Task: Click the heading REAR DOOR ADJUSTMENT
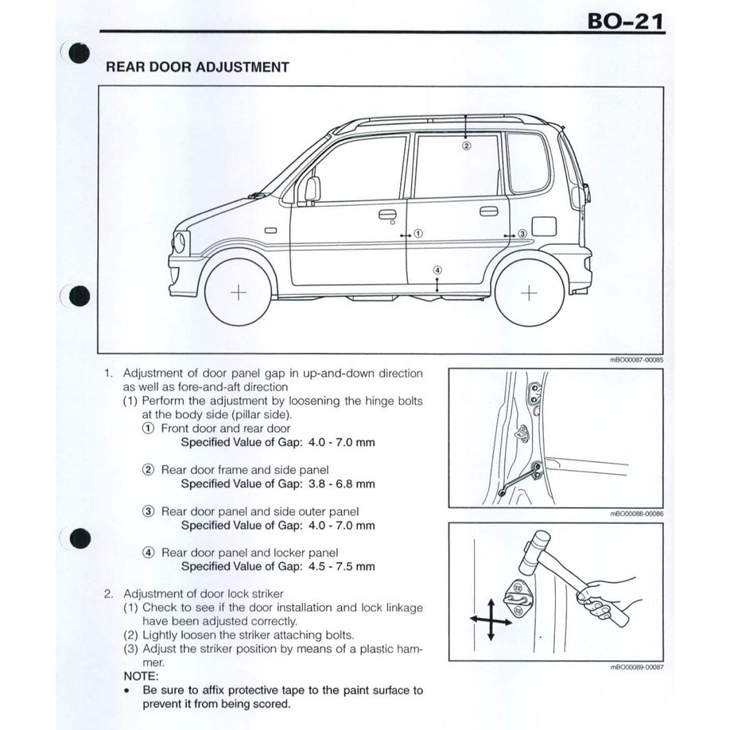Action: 197,68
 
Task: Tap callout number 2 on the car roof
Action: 467,146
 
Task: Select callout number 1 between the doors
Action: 418,234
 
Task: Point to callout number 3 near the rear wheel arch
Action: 522,234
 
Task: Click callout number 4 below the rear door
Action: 437,270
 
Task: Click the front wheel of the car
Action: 238,292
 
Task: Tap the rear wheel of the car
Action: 529,292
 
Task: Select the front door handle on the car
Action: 387,214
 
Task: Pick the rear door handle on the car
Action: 488,211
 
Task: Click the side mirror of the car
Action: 311,189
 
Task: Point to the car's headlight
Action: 181,242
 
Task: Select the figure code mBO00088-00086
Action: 636,514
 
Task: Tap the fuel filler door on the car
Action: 544,225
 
